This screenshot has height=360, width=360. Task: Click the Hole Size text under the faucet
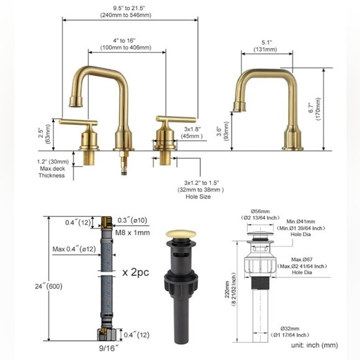(202, 197)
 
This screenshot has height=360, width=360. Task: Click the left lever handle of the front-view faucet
(81, 122)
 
